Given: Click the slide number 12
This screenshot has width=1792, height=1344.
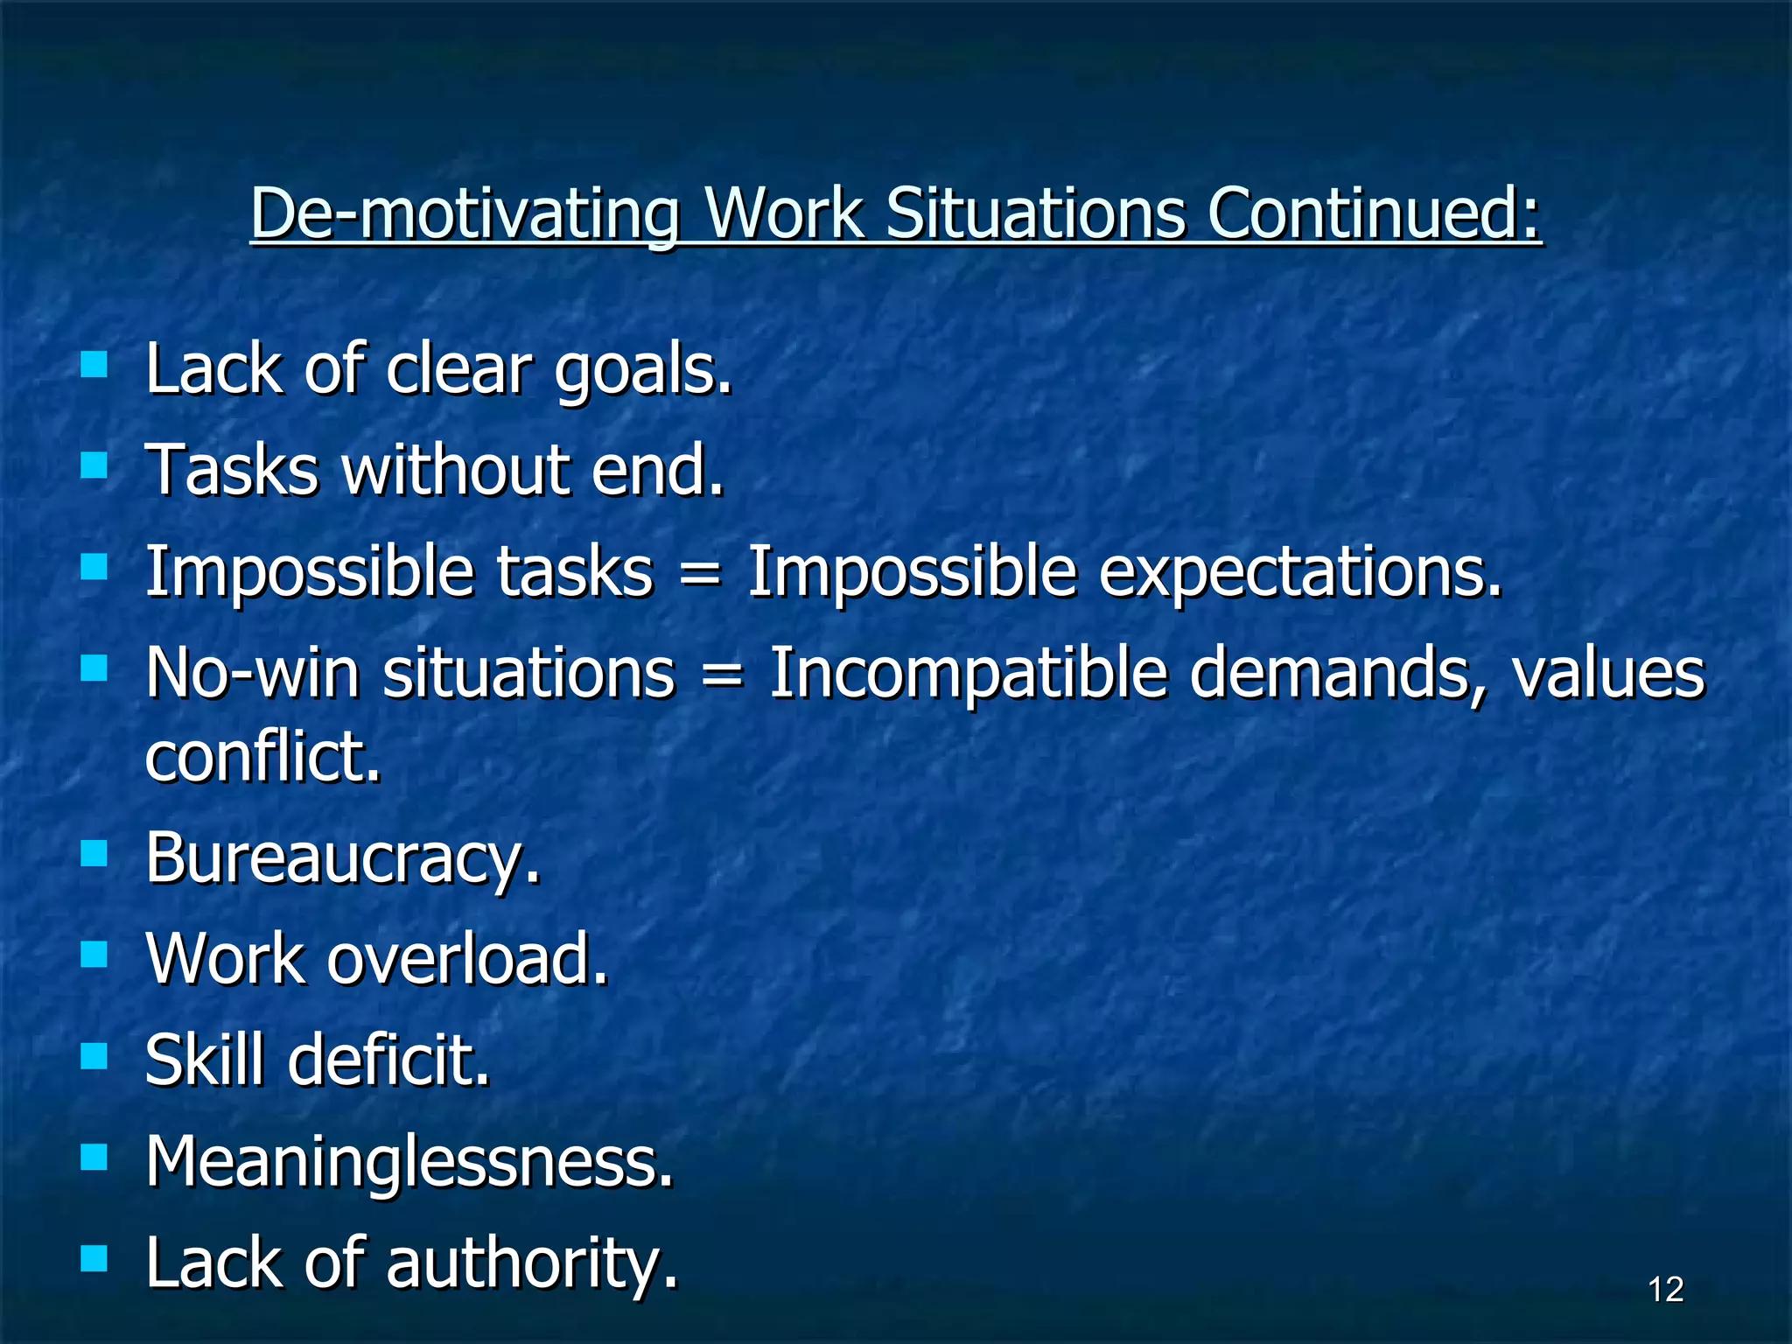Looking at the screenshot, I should (x=1665, y=1290).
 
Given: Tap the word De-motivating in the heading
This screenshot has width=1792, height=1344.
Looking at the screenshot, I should (x=465, y=214).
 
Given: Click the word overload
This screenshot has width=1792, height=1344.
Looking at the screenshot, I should (x=467, y=959).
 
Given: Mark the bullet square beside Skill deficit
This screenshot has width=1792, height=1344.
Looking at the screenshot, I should (x=94, y=1055).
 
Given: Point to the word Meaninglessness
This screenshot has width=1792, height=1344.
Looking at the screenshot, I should (x=409, y=1162).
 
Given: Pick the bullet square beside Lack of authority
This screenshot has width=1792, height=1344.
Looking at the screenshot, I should (x=94, y=1259).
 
